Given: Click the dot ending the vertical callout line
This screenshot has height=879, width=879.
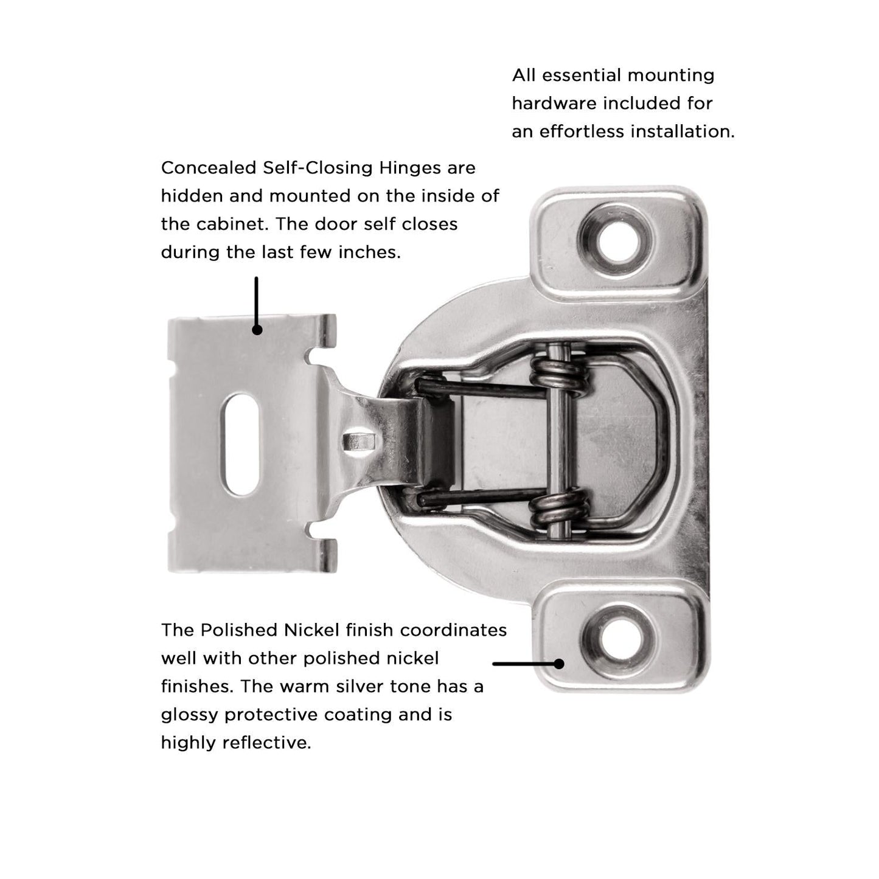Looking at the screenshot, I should click(257, 330).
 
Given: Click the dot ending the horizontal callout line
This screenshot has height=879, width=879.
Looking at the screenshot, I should click(559, 664).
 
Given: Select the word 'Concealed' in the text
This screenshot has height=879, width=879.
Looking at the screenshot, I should click(209, 168).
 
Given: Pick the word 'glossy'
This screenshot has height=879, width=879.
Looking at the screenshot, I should click(189, 714).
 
